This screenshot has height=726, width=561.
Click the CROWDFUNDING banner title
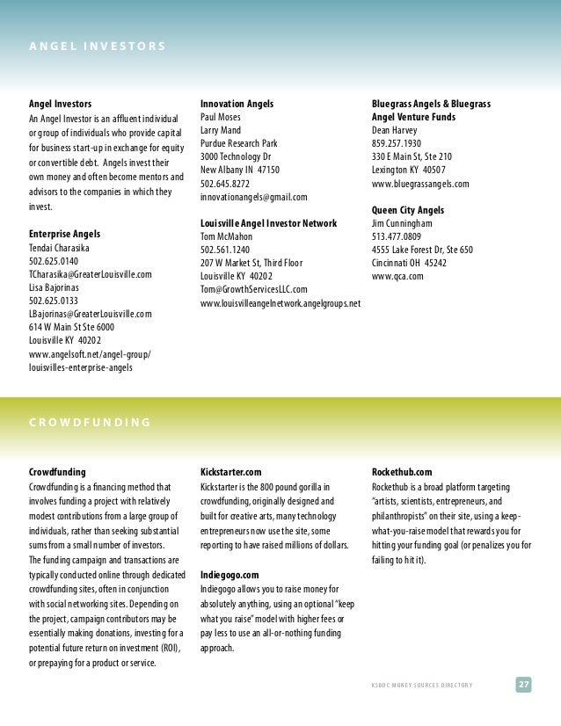(x=88, y=423)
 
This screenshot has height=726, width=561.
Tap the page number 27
(x=523, y=685)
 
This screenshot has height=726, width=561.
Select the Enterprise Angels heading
(x=65, y=234)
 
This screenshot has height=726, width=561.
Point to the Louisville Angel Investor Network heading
(x=269, y=223)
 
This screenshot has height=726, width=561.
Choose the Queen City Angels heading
(x=408, y=211)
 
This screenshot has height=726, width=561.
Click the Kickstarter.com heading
(x=231, y=472)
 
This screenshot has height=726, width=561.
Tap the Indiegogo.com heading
(x=230, y=573)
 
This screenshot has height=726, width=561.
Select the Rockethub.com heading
(x=402, y=472)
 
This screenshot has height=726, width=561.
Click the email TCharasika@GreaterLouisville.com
(x=91, y=274)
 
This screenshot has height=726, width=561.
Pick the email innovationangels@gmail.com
(x=254, y=198)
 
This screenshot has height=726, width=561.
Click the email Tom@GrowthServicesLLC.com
(x=254, y=289)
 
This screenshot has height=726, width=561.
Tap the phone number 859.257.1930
(x=397, y=143)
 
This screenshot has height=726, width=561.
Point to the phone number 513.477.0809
(x=397, y=236)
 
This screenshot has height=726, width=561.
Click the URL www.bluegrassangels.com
(x=420, y=185)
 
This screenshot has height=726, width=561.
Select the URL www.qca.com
(x=397, y=276)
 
